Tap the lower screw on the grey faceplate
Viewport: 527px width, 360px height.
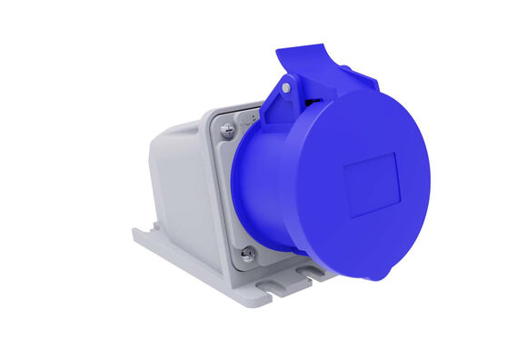coord(248,255)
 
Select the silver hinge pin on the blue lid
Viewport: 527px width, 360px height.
coord(285,88)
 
